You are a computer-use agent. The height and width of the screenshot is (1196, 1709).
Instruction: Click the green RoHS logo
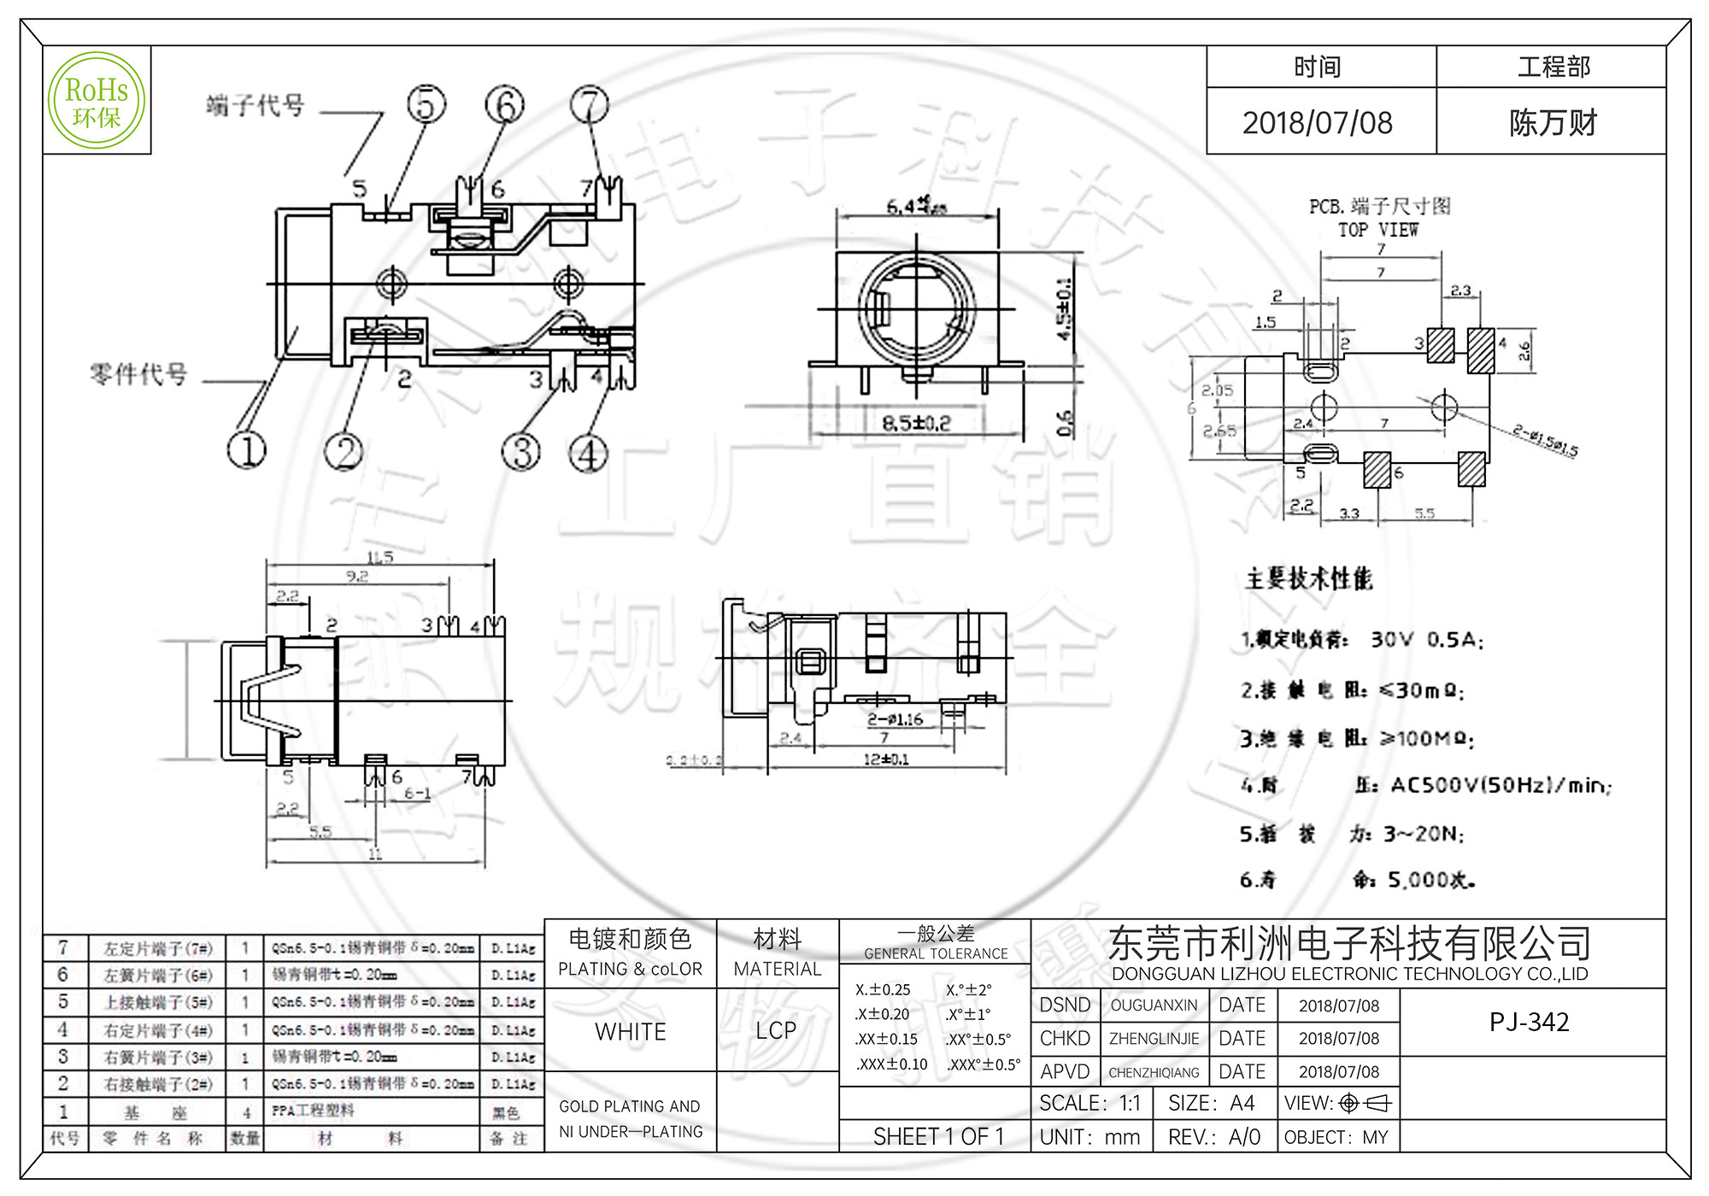click(x=97, y=100)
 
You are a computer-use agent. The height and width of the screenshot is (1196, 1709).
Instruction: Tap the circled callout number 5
click(x=426, y=104)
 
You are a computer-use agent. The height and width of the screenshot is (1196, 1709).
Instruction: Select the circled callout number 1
click(x=247, y=449)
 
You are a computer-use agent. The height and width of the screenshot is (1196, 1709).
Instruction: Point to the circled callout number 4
click(x=589, y=453)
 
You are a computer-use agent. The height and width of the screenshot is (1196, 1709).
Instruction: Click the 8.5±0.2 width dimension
click(x=916, y=423)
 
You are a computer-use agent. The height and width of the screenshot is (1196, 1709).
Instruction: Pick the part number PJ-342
click(x=1529, y=1022)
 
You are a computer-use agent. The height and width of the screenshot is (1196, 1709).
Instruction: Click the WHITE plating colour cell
click(x=631, y=1031)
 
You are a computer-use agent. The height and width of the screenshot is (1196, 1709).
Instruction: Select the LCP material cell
click(x=776, y=1030)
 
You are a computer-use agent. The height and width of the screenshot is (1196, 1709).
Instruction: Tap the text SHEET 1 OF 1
click(x=937, y=1136)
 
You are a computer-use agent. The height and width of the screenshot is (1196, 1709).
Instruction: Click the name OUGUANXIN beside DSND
click(x=1154, y=1005)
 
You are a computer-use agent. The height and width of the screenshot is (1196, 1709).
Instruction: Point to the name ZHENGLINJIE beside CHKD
click(x=1154, y=1039)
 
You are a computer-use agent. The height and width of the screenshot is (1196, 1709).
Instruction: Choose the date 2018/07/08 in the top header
click(x=1317, y=123)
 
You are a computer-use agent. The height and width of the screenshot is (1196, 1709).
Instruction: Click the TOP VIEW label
click(x=1377, y=230)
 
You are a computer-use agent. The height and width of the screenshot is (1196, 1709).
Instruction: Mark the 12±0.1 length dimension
click(x=886, y=759)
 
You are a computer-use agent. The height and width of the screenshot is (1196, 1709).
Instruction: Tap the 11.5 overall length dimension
click(x=379, y=557)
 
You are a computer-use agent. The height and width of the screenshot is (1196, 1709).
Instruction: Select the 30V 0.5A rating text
click(x=1426, y=640)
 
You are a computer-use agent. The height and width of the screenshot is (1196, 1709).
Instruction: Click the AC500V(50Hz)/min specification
click(x=1501, y=785)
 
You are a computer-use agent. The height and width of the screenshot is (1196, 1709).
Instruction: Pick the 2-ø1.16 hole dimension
click(x=895, y=719)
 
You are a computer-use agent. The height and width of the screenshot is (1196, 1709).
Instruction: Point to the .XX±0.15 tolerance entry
click(x=886, y=1040)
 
